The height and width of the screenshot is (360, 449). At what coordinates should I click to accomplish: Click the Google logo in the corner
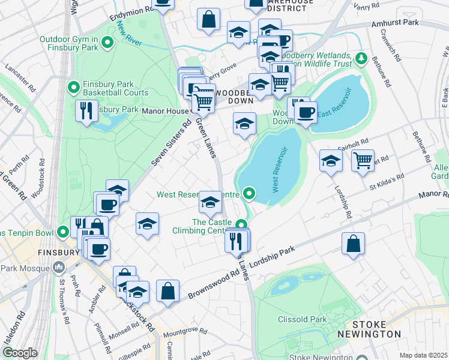(x=19, y=353)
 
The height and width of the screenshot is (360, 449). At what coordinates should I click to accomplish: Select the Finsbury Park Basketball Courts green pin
(x=74, y=88)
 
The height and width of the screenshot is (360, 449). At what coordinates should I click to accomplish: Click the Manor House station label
(x=164, y=111)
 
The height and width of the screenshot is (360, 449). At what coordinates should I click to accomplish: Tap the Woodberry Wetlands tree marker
(x=361, y=58)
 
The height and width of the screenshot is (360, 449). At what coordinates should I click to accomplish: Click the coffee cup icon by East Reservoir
(x=306, y=112)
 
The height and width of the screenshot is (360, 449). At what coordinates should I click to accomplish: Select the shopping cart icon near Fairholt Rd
(x=363, y=161)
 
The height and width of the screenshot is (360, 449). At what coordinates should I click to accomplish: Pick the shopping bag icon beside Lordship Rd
(x=353, y=244)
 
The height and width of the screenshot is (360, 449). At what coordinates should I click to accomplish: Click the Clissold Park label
(x=302, y=319)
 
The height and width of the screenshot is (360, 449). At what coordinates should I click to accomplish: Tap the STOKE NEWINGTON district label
(x=369, y=329)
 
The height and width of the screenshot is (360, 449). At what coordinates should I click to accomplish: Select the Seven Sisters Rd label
(x=170, y=146)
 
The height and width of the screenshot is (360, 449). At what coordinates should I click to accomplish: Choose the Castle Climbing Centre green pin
(x=241, y=226)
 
